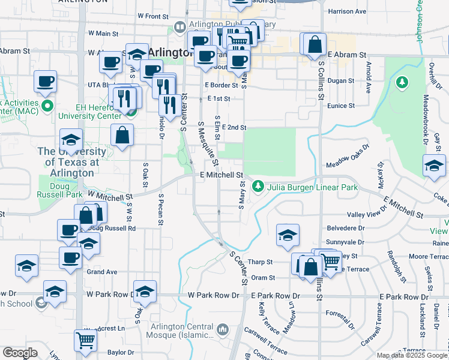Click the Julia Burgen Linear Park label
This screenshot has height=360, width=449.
coord(313,187)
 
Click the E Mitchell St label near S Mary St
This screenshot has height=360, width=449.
coord(221,175)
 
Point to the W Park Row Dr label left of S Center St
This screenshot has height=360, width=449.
coord(213,296)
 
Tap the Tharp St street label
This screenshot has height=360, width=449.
coord(261,262)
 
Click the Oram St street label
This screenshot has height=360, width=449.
coord(263,278)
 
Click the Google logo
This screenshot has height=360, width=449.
coord(20,352)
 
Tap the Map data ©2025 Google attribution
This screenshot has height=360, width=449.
coord(411,355)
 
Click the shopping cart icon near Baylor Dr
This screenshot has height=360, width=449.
coord(85,340)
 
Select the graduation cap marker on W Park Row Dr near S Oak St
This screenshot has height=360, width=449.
coord(145,292)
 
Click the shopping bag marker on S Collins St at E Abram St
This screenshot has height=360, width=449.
coord(315,44)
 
